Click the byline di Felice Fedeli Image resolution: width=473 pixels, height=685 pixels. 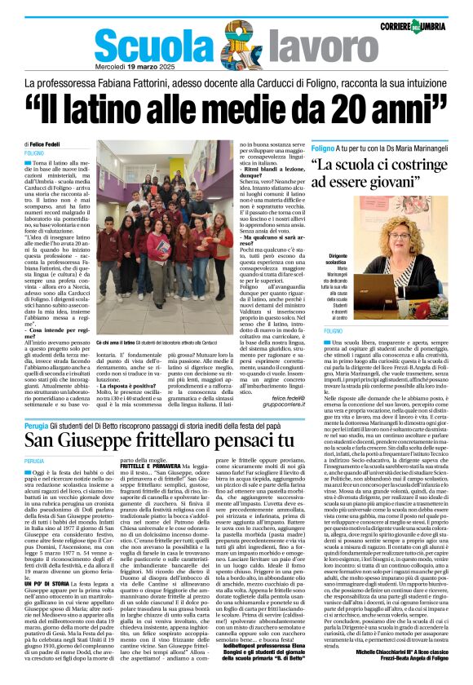pos(44,144)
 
